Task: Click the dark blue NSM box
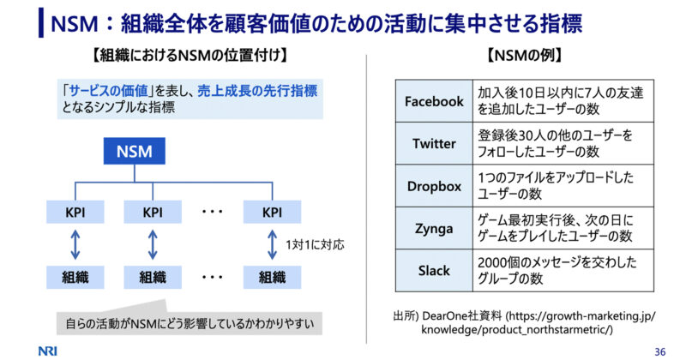(135, 151)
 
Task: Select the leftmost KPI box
(75, 213)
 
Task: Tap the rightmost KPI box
(272, 213)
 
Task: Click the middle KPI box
(153, 213)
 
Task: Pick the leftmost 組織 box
(75, 278)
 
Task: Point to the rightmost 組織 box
(272, 278)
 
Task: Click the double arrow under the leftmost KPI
(75, 245)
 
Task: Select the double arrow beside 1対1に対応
(272, 245)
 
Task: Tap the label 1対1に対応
(315, 244)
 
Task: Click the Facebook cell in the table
(434, 101)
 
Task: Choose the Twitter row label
(434, 143)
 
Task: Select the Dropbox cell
(434, 186)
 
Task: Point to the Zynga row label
(434, 228)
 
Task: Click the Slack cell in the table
(434, 270)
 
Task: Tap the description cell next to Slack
(563, 270)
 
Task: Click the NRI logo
(48, 351)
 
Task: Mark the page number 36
(660, 351)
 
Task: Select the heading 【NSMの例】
(525, 56)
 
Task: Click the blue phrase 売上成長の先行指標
(257, 91)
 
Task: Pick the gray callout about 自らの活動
(190, 323)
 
